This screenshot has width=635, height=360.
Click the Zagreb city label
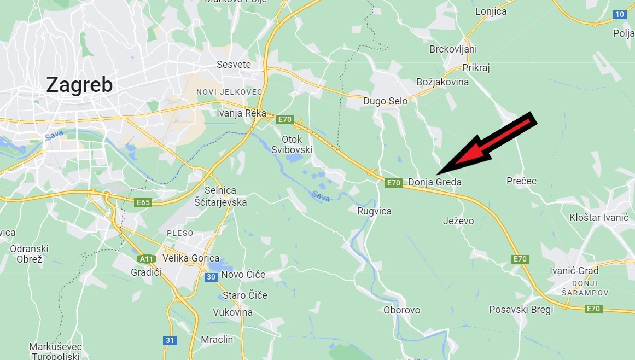[x=79, y=85]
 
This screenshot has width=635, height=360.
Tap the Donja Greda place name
[x=435, y=182]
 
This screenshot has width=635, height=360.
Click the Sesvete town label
[x=234, y=65]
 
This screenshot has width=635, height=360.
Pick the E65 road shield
[x=143, y=203]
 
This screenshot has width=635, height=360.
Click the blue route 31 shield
[x=170, y=341]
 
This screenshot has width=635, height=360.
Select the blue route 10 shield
[x=619, y=15]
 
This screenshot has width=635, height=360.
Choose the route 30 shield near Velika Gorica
[x=211, y=277]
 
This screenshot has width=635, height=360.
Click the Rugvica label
[x=374, y=211]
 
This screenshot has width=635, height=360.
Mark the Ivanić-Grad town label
[x=574, y=271]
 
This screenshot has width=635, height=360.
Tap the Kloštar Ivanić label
[x=599, y=218]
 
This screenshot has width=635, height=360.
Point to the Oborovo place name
[x=401, y=310]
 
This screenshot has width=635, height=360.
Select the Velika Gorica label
[x=191, y=258]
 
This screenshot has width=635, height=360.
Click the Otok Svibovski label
[x=292, y=144]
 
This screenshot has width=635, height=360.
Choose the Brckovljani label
[x=453, y=49]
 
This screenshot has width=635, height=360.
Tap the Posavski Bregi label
[x=521, y=310]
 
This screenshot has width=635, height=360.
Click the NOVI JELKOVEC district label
[x=229, y=92]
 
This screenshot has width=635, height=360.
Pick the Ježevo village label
[x=458, y=221]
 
